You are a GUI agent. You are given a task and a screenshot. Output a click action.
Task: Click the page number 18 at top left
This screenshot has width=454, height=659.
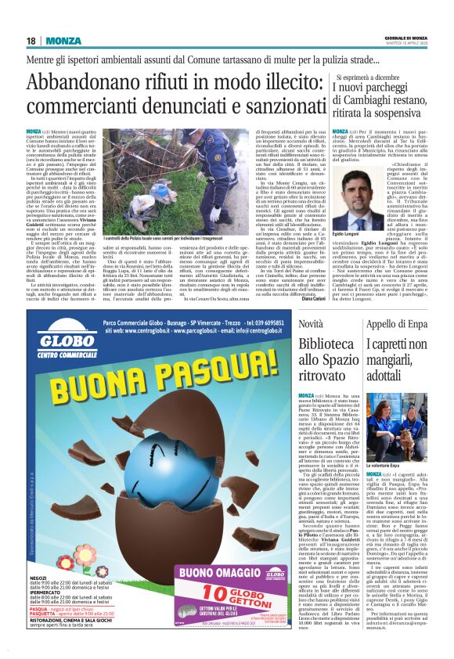pyautogui.click(x=31, y=41)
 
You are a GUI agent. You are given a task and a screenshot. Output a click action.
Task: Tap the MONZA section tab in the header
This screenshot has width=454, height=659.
pyautogui.click(x=63, y=41)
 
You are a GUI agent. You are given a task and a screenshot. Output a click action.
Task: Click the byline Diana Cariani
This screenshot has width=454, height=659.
pyautogui.click(x=311, y=298)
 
